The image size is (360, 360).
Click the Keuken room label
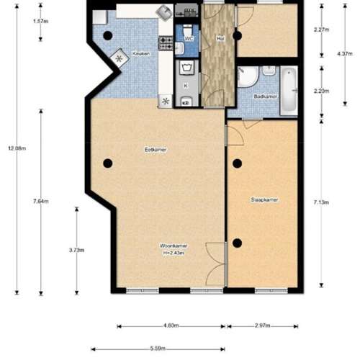(x=140, y=53)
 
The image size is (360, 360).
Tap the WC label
(x=189, y=38)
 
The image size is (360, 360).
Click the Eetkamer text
(x=156, y=149)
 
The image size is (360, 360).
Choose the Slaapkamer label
(x=265, y=199)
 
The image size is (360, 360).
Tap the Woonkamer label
(x=174, y=246)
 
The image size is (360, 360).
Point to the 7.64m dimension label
(x=41, y=202)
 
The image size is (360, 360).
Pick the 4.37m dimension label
(x=345, y=53)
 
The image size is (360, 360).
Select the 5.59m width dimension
(x=160, y=349)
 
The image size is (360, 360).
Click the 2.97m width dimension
(x=263, y=326)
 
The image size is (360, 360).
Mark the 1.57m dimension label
(x=41, y=21)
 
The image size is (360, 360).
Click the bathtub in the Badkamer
(x=289, y=91)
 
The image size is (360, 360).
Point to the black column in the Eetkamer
(x=107, y=163)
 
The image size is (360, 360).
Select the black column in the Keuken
(x=107, y=35)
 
